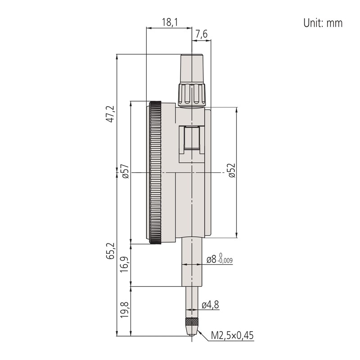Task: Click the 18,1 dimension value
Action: tap(170, 22)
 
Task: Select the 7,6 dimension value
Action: tap(201, 35)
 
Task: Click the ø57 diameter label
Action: tap(126, 171)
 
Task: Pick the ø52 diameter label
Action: tap(232, 171)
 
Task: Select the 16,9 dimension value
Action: tap(124, 264)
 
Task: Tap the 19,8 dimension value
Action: tap(124, 310)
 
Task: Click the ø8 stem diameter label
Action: tap(211, 260)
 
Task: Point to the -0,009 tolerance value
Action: tap(225, 261)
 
